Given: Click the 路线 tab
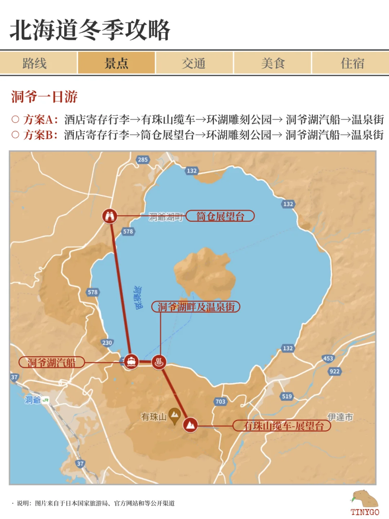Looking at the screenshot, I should [35, 63].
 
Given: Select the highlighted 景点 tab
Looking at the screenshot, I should [116, 63].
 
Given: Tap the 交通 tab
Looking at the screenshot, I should [194, 63].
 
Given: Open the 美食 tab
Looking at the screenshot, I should [273, 63].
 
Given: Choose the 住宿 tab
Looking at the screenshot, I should [352, 63].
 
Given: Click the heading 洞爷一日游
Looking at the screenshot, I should [44, 97].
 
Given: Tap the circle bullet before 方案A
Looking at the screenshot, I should [15, 119].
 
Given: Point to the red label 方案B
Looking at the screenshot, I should [40, 135].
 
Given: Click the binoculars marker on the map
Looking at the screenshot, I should [110, 216].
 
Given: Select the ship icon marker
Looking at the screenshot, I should [131, 361].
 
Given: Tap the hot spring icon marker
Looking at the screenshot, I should [159, 362].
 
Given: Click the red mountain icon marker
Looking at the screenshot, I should [190, 425].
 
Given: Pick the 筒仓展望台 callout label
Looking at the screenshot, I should [220, 216].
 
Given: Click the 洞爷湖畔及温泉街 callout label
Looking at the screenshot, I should [196, 307].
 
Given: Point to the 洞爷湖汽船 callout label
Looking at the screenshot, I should [52, 362].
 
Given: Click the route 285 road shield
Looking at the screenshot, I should [143, 160].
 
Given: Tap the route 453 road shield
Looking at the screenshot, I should [328, 358].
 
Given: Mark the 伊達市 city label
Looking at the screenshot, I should [340, 417].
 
